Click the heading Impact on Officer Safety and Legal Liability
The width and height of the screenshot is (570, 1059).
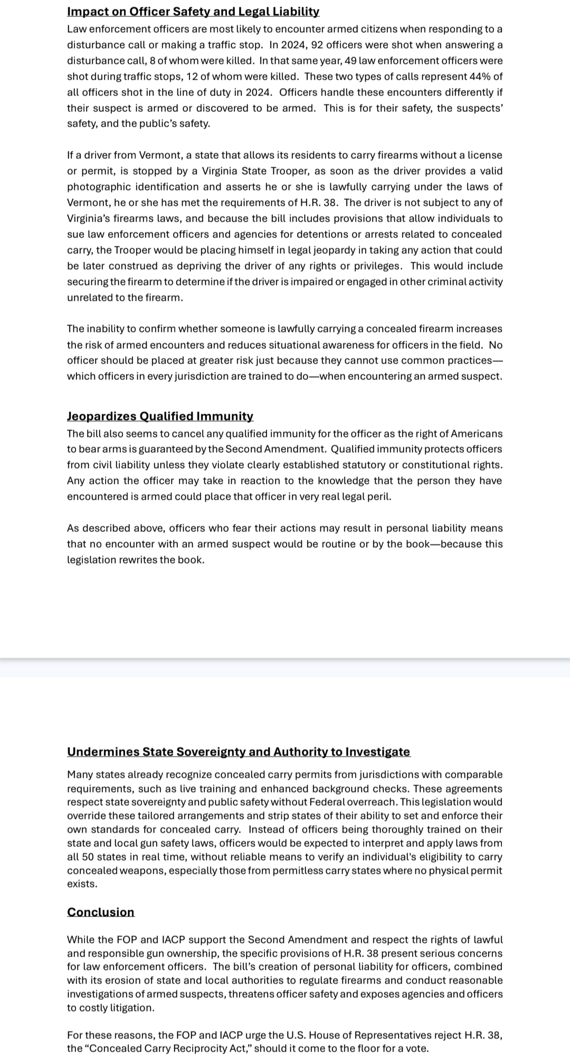[193, 12]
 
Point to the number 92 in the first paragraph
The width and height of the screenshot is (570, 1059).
[319, 45]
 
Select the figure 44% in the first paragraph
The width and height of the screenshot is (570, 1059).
[479, 77]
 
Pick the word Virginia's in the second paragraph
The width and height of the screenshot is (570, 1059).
[88, 218]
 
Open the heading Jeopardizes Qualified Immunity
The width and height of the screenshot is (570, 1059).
[160, 416]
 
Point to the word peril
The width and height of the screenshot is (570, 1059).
[378, 497]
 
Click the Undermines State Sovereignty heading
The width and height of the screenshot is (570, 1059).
[239, 752]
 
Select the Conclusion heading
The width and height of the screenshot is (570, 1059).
[101, 912]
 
